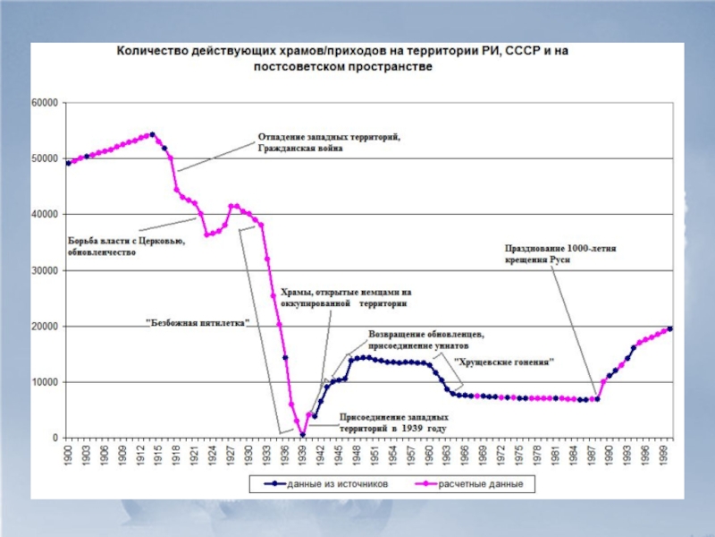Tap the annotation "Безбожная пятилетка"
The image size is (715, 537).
point(198,321)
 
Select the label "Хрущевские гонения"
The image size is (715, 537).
point(505,362)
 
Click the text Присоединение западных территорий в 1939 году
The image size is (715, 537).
point(392,422)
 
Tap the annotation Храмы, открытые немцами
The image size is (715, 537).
point(345,297)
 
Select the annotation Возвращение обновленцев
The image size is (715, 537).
point(426,341)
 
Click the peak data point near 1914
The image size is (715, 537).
point(152,134)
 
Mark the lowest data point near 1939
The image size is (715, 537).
point(303,435)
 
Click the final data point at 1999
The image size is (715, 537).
point(670,328)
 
